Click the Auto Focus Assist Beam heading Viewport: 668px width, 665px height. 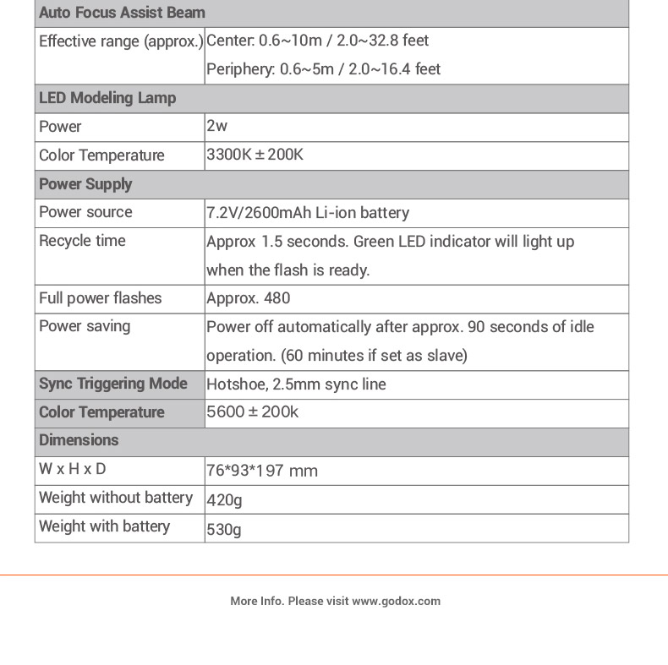click(122, 13)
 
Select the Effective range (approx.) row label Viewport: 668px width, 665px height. click(120, 41)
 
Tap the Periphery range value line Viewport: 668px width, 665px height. click(323, 69)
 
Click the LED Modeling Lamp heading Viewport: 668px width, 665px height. click(107, 98)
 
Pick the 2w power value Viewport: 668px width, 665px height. click(217, 126)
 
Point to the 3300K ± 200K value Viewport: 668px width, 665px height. click(255, 155)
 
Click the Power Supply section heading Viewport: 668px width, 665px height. click(85, 184)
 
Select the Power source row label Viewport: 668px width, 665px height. click(85, 212)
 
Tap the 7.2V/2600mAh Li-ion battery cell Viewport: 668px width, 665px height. click(308, 213)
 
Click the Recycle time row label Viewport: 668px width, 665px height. click(82, 241)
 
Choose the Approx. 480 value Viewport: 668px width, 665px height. click(248, 298)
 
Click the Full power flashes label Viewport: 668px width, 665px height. click(100, 298)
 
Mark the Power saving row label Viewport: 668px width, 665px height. click(85, 326)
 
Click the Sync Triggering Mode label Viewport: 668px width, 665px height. click(113, 384)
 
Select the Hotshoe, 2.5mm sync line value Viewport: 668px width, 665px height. click(296, 384)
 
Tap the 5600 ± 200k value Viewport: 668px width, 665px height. click(252, 412)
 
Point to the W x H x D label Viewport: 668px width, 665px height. click(73, 469)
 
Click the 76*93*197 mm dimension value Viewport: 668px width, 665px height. click(262, 471)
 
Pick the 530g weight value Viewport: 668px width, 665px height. click(224, 530)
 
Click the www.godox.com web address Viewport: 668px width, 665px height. click(396, 602)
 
